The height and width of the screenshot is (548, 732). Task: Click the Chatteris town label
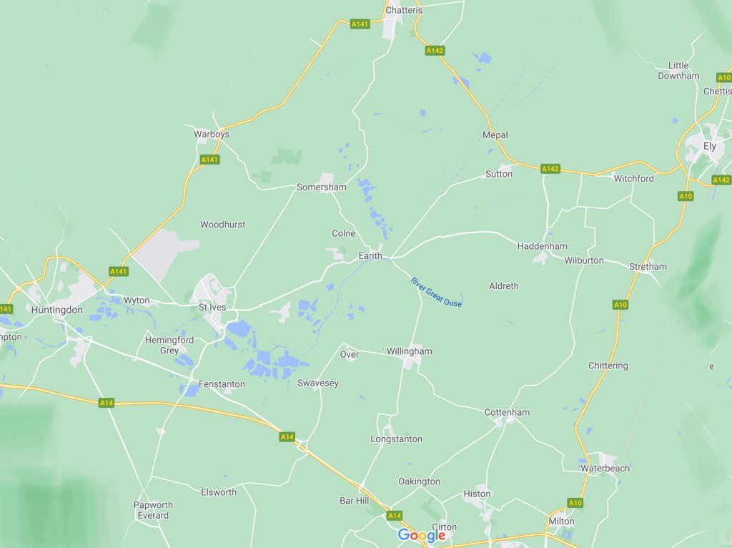(404, 10)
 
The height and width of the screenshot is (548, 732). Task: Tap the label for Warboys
(212, 134)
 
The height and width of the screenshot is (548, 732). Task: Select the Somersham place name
(322, 187)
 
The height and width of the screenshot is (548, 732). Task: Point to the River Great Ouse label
(436, 292)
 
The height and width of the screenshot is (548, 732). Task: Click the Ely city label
(710, 146)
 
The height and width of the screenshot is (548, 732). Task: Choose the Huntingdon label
(57, 310)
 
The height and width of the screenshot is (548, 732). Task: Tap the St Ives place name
(212, 308)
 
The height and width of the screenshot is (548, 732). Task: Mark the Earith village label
(370, 255)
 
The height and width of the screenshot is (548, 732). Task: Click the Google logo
(422, 535)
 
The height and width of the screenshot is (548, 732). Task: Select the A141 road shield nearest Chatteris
(360, 24)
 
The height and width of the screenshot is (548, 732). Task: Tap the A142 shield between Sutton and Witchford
(550, 169)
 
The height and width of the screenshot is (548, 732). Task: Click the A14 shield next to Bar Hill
(395, 515)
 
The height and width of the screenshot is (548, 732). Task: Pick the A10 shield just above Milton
(575, 503)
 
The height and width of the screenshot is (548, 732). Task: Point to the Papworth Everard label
(153, 510)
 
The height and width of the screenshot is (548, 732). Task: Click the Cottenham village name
(507, 412)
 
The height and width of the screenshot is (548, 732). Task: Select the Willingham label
(410, 351)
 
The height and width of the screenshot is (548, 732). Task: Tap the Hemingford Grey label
(169, 345)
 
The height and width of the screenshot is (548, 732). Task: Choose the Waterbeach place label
(605, 468)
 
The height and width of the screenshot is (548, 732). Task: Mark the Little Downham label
(678, 70)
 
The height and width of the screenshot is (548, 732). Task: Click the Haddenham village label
(543, 246)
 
